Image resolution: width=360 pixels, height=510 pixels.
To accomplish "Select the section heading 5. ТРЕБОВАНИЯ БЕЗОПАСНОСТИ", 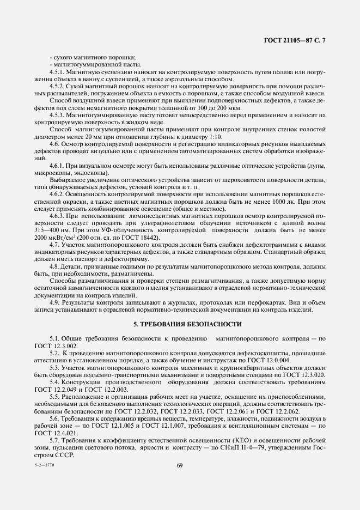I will (x=180, y=324).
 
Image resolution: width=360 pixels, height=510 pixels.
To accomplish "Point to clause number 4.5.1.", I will (x=57, y=72).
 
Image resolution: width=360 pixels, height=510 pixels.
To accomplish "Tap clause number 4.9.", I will (x=55, y=301).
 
